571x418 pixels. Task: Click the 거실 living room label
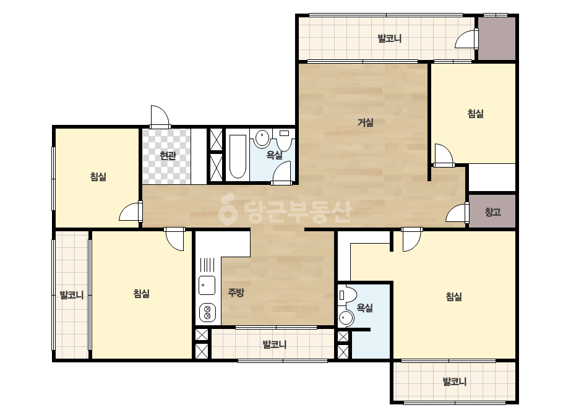(365, 122)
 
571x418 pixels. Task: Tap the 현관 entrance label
(168, 156)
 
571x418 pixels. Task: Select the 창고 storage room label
(492, 211)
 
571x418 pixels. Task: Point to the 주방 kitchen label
(236, 292)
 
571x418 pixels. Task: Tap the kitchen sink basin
(207, 285)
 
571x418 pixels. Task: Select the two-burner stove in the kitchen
(207, 313)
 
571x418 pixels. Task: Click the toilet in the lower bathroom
(347, 294)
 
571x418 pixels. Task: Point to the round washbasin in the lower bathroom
(346, 318)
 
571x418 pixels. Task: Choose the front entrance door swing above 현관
(160, 116)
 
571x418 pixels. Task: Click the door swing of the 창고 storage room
(457, 212)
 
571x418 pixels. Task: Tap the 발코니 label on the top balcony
(390, 38)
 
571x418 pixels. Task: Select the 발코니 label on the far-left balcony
(72, 294)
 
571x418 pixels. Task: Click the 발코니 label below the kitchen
(275, 344)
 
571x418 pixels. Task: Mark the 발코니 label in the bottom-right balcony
(455, 382)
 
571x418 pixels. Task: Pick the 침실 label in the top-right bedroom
(475, 114)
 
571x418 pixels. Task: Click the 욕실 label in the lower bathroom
(364, 308)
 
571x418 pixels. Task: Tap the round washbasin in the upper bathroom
(262, 139)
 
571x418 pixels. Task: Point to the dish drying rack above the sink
(207, 265)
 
